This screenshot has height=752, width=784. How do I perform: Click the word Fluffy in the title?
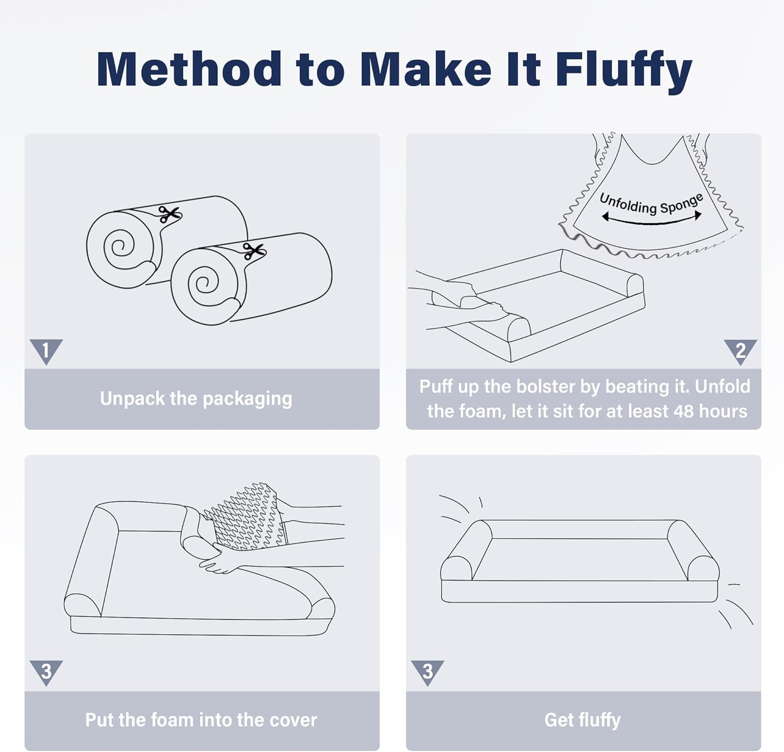(x=624, y=71)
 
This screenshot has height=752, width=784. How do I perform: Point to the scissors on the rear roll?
(x=169, y=214)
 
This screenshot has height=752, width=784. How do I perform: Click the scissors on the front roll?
(x=254, y=251)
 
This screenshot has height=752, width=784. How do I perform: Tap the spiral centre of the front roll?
(x=206, y=283)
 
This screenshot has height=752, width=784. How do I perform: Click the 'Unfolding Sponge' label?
(x=651, y=203)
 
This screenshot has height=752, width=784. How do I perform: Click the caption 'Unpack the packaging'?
(x=196, y=399)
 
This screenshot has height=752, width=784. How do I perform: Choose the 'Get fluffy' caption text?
(x=582, y=720)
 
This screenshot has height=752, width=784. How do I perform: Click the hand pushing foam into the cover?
(x=220, y=562)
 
